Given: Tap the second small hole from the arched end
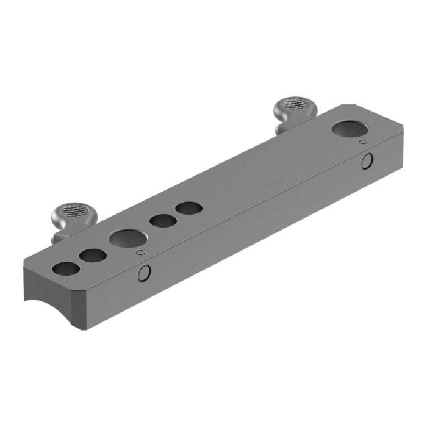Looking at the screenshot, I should tap(92, 256).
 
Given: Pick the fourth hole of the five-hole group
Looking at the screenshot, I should tap(162, 221).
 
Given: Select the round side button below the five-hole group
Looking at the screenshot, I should tap(145, 273).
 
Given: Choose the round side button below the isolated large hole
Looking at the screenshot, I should tap(367, 161).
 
